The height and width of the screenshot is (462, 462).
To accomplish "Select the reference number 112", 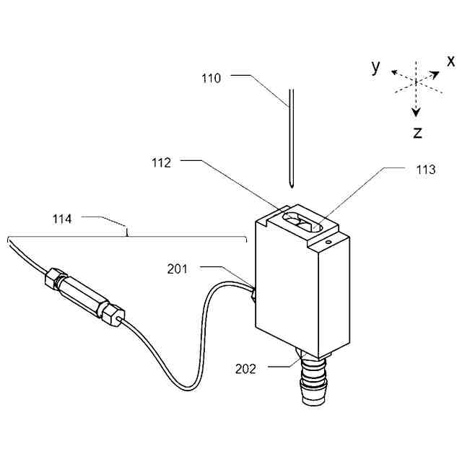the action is coord(162,163).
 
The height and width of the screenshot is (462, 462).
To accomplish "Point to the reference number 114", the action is coord(72,218).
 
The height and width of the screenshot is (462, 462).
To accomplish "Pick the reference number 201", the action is coord(178,269).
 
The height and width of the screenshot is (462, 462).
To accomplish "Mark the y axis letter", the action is coord(375,66).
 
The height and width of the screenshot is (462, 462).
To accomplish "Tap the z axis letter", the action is coord(417,132).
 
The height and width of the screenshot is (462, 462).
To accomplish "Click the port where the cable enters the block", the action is coord(253,294).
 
